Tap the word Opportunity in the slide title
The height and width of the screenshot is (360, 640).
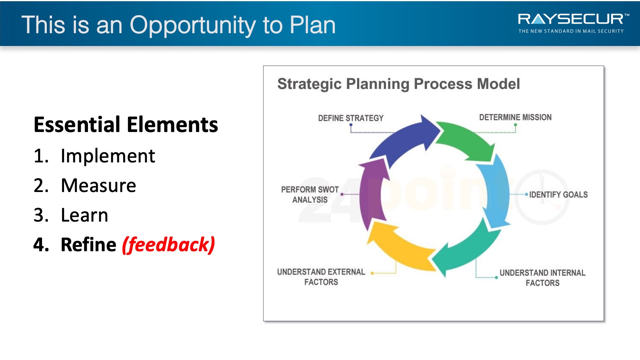193,26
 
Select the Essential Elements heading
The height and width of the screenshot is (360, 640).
126,124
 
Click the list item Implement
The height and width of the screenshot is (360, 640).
108,156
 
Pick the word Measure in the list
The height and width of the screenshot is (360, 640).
98,186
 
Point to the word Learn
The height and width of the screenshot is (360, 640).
84,215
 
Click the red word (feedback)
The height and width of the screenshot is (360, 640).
168,245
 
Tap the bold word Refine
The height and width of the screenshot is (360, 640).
88,244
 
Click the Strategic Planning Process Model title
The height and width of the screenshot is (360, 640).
398,84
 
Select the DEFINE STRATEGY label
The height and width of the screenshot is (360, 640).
350,118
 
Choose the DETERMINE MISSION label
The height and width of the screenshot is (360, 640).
516,118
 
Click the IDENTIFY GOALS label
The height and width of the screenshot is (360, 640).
558,194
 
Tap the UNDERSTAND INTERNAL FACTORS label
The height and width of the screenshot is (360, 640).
542,278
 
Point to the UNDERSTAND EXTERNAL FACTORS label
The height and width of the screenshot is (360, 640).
321,277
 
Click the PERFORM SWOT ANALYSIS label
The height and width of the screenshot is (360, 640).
310,194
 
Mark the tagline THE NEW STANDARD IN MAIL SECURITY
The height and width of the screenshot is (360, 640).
571,31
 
